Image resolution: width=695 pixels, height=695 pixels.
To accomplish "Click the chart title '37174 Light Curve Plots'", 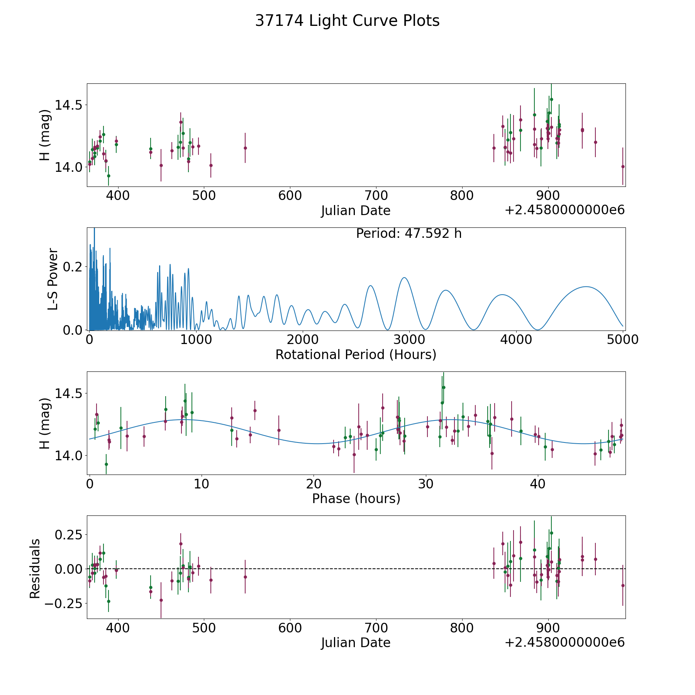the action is tap(347, 21).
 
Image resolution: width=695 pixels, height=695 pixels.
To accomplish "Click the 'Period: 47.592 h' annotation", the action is tap(409, 234).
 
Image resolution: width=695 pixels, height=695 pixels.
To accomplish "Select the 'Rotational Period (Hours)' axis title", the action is tap(356, 354).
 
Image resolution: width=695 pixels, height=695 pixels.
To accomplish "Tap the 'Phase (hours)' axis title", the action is tap(356, 498).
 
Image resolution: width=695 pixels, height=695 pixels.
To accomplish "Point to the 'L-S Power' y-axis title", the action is tap(53, 279).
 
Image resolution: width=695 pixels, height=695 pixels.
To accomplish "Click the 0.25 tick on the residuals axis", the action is tap(67, 535).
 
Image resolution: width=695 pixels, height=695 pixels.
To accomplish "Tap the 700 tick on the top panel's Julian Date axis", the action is tap(376, 195).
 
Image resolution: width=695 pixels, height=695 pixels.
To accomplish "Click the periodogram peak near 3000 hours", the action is tap(404, 278).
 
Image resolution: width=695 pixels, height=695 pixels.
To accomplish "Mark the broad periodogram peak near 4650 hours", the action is tap(586, 286).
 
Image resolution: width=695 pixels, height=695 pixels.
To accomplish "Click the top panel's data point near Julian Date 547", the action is tap(245, 148).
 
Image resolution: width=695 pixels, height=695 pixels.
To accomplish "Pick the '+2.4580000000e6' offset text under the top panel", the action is tap(564, 210).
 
